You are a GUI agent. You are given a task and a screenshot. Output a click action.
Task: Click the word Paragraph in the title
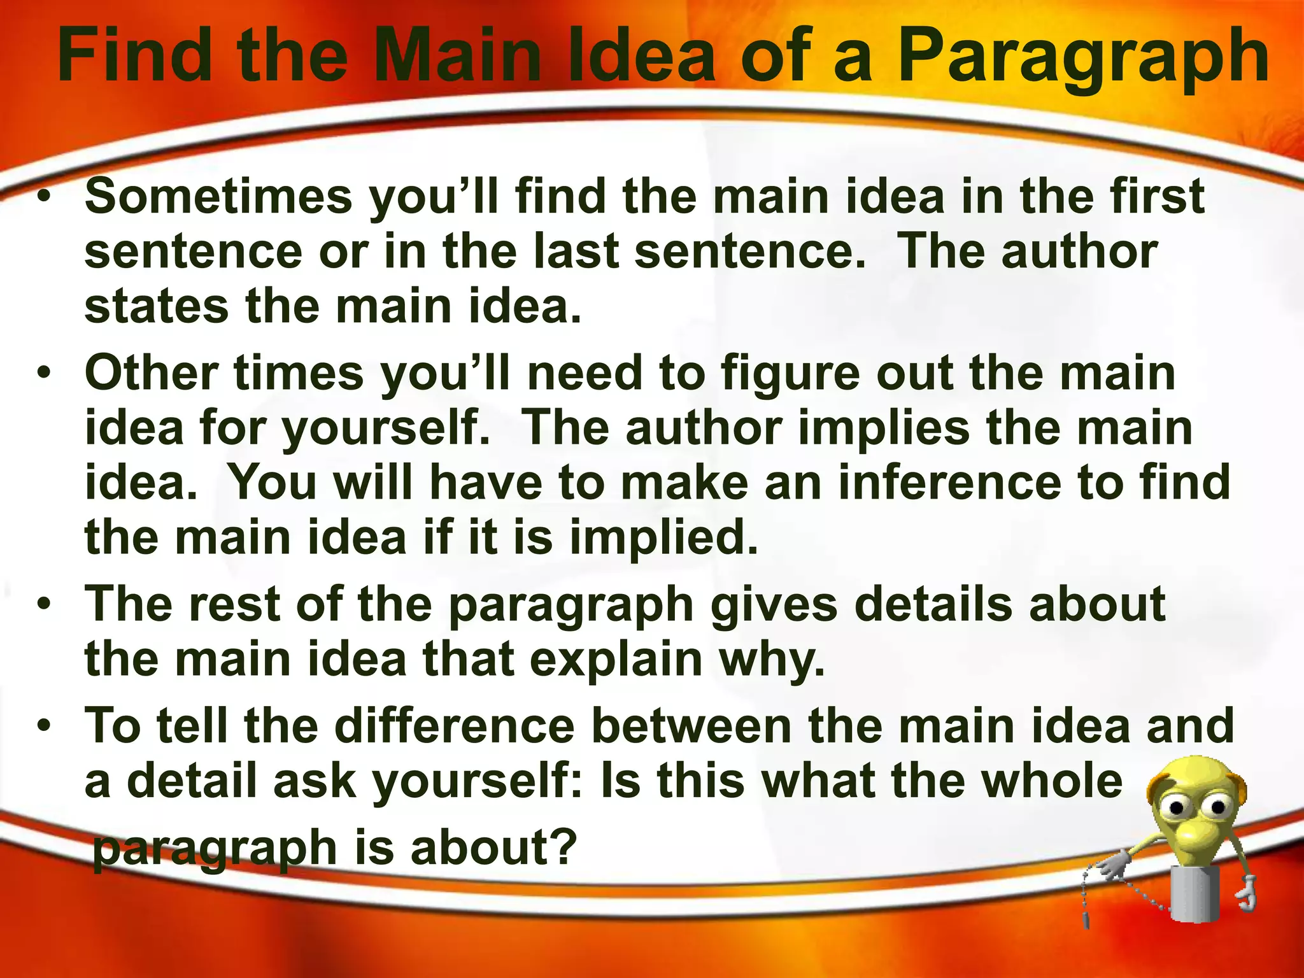(x=1083, y=59)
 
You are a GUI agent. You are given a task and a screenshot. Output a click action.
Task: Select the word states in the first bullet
(x=156, y=307)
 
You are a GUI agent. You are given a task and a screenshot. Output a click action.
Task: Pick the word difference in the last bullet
(x=455, y=726)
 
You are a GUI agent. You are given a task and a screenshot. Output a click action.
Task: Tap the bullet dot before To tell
(x=43, y=726)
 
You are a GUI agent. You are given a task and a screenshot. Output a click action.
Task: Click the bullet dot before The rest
(x=43, y=604)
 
